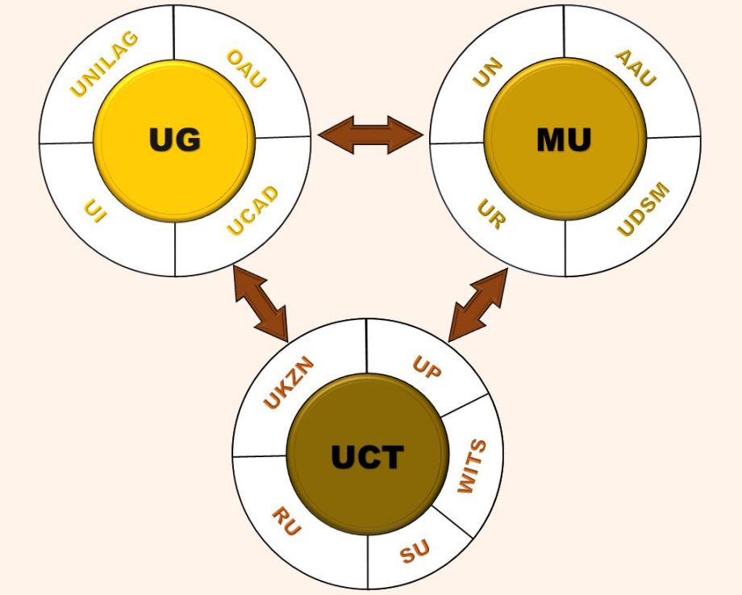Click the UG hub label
pyautogui.click(x=174, y=140)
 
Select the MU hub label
pyautogui.click(x=564, y=140)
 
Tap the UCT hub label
pyautogui.click(x=367, y=457)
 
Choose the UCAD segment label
pyautogui.click(x=252, y=211)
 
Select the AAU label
pyautogui.click(x=636, y=68)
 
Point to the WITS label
pyautogui.click(x=473, y=467)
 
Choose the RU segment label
pyautogui.click(x=286, y=522)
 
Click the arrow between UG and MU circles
pyautogui.click(x=370, y=134)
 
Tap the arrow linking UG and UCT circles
pyautogui.click(x=260, y=303)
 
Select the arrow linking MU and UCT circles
pyautogui.click(x=478, y=305)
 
